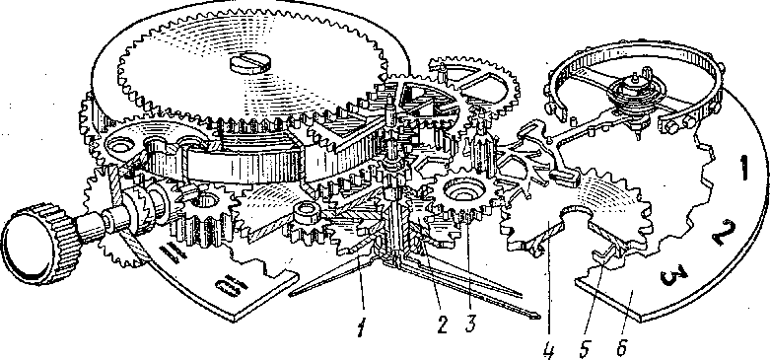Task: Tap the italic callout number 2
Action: point(443,325)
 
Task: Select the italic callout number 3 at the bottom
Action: point(470,324)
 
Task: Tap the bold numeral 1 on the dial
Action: point(743,170)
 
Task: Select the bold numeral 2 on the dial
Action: point(724,232)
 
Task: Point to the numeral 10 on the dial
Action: point(230,285)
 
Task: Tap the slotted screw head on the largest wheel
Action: point(249,63)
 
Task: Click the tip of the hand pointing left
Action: point(291,294)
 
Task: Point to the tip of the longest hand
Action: point(538,318)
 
